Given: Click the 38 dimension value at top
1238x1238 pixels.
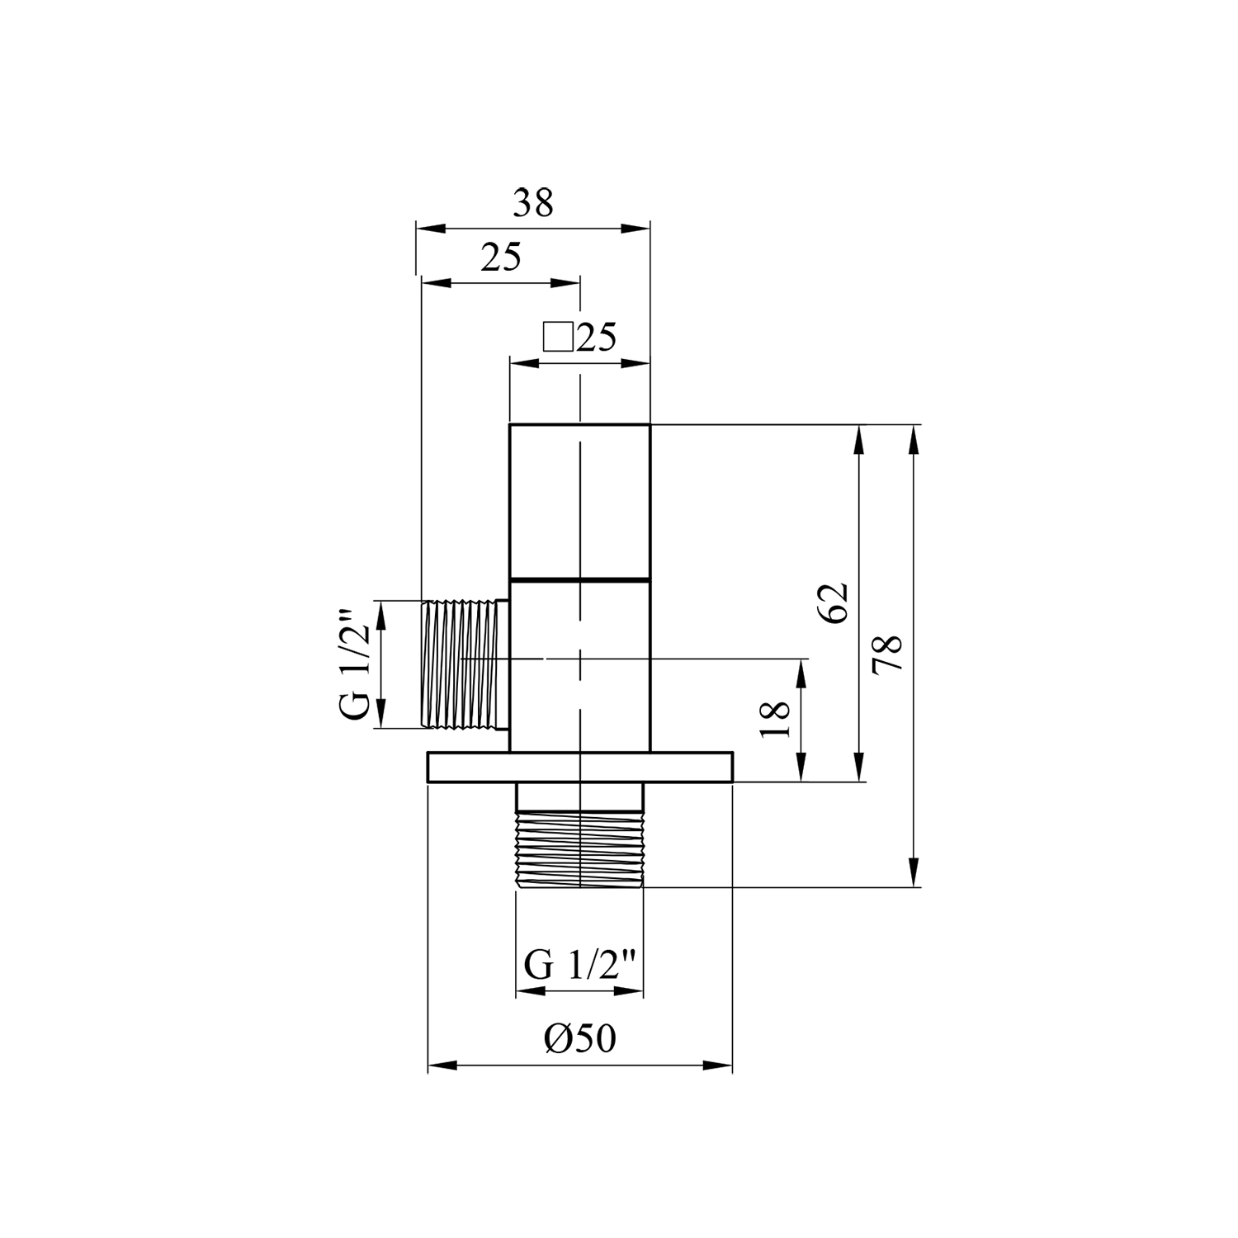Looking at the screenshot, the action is [x=532, y=203].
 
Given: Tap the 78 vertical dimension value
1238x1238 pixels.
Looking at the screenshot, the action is [x=889, y=654].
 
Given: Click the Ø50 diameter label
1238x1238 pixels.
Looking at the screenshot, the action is [x=579, y=1039].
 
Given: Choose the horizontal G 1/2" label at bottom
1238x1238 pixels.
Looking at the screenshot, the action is [x=580, y=966].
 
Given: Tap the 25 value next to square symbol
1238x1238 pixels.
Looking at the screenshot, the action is [x=597, y=338].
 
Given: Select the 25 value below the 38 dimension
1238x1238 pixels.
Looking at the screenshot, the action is [x=501, y=258].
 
